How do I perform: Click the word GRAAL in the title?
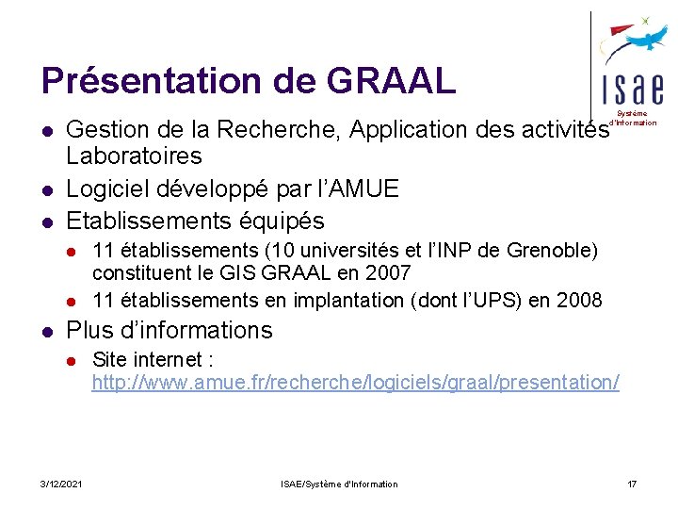click(392, 80)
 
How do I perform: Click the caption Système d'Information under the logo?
click(634, 118)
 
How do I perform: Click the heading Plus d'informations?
click(169, 331)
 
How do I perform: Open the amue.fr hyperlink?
click(355, 383)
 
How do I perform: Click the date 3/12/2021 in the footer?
click(61, 484)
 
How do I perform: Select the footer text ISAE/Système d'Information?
click(339, 484)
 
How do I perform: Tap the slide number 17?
click(632, 484)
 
